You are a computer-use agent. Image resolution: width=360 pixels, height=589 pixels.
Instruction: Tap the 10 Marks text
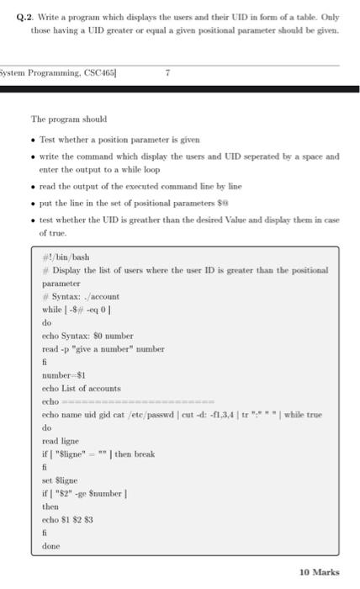(319, 572)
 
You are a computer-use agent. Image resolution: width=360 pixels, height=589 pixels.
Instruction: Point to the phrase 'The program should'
(69, 119)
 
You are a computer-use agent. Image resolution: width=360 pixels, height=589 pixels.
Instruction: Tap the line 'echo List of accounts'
(81, 388)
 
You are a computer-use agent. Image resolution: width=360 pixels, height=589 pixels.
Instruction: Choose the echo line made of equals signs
(126, 401)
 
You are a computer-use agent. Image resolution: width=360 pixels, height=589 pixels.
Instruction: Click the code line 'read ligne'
(61, 441)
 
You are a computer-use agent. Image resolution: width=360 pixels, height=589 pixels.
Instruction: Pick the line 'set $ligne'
(59, 480)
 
